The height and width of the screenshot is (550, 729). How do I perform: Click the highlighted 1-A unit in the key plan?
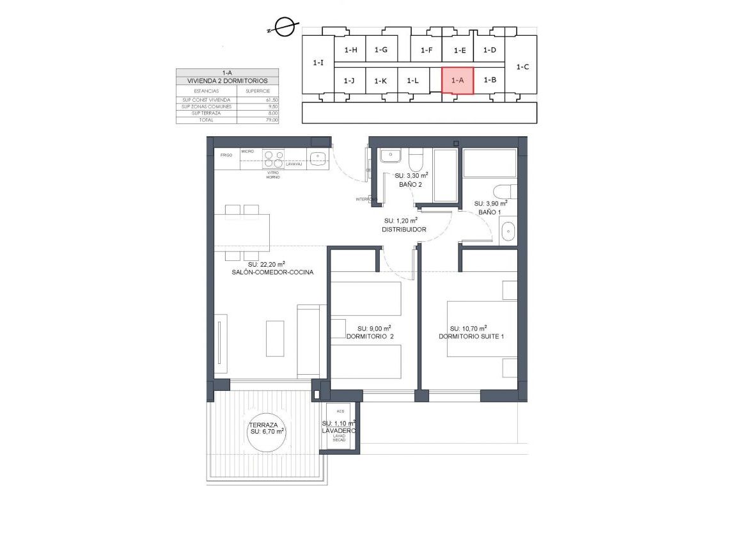pyautogui.click(x=457, y=81)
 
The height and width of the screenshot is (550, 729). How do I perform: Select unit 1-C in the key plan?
pyautogui.click(x=522, y=67)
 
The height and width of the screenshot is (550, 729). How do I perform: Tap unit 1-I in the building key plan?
pyautogui.click(x=318, y=63)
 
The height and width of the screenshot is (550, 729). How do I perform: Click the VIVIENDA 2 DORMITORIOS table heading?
pyautogui.click(x=227, y=81)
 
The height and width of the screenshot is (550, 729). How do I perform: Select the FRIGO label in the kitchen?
pyautogui.click(x=226, y=155)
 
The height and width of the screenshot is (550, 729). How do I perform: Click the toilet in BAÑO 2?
pyautogui.click(x=415, y=158)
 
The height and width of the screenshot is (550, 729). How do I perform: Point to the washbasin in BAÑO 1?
pyautogui.click(x=508, y=231)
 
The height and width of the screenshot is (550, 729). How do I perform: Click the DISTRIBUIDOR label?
pyautogui.click(x=404, y=229)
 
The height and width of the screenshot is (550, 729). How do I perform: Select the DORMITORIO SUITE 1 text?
pyautogui.click(x=476, y=336)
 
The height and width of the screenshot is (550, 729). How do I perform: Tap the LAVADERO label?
pyautogui.click(x=339, y=431)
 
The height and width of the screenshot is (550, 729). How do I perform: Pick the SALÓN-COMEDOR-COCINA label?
pyautogui.click(x=273, y=272)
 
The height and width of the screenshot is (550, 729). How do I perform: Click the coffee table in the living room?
pyautogui.click(x=274, y=338)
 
